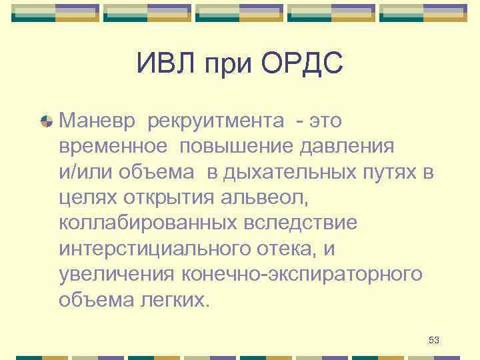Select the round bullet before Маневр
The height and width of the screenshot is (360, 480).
(47, 121)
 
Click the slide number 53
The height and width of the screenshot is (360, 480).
(434, 341)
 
